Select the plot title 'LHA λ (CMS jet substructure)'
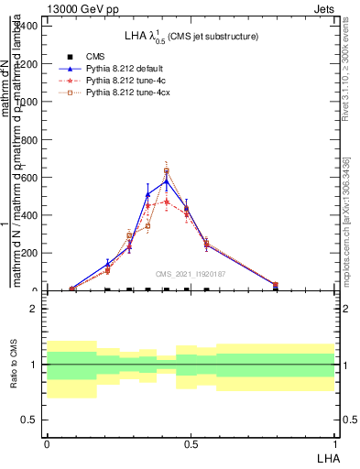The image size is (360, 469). tap(190, 36)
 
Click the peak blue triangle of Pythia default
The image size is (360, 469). tap(167, 181)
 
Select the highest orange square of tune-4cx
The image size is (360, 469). tap(167, 171)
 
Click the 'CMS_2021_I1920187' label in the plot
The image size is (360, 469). tap(190, 274)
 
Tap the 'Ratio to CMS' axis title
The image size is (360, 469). tap(15, 365)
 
